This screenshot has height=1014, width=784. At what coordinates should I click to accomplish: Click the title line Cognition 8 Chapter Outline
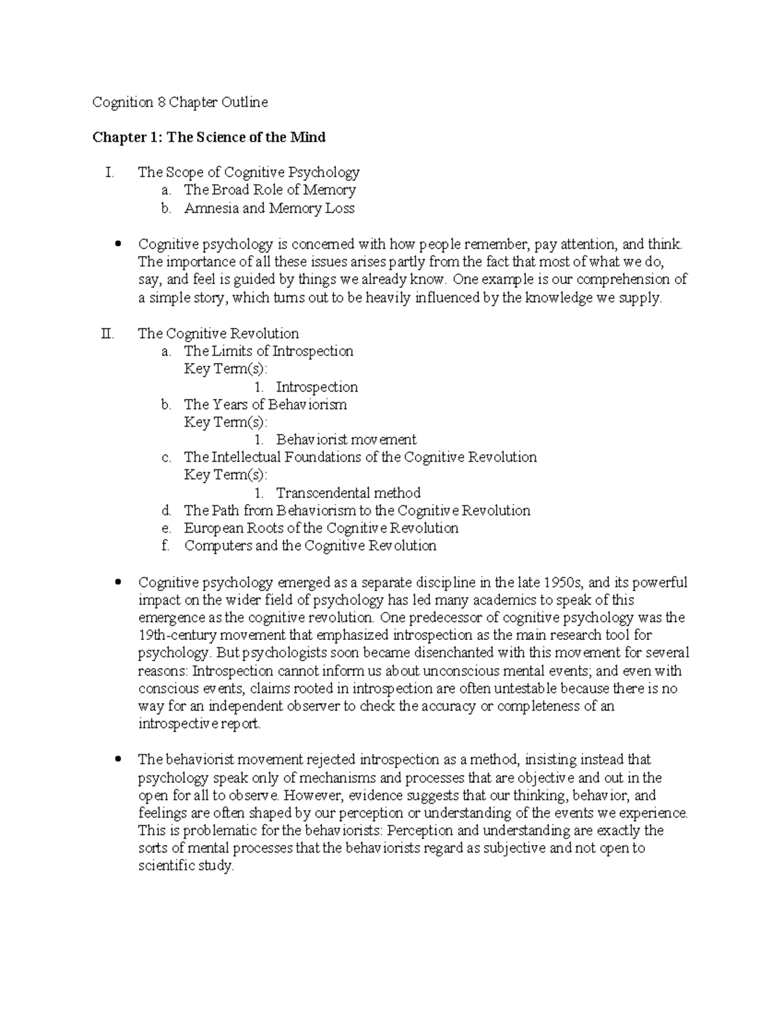(180, 103)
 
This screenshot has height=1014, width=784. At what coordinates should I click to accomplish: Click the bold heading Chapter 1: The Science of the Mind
(208, 137)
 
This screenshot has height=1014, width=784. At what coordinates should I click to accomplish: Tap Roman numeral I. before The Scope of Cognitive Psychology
(109, 172)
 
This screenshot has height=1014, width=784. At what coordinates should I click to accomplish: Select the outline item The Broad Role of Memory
(269, 190)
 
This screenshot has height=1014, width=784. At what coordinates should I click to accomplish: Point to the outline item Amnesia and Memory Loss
(269, 208)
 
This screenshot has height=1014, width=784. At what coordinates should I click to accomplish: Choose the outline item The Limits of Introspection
(268, 351)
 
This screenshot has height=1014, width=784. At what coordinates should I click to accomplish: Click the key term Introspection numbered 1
(316, 387)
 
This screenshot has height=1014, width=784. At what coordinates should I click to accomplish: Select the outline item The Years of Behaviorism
(265, 405)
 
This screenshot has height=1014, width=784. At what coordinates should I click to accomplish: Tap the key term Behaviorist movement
(346, 439)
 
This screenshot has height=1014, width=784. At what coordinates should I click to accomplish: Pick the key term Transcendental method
(348, 493)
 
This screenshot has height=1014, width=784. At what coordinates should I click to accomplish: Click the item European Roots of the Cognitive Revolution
(321, 528)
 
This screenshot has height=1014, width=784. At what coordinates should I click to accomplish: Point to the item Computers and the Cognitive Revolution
(310, 546)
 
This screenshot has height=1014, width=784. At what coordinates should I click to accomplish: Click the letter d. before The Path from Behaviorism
(166, 511)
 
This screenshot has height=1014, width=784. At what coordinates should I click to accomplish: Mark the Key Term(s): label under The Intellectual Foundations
(225, 475)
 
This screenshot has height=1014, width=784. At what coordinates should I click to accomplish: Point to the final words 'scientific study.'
(186, 866)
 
